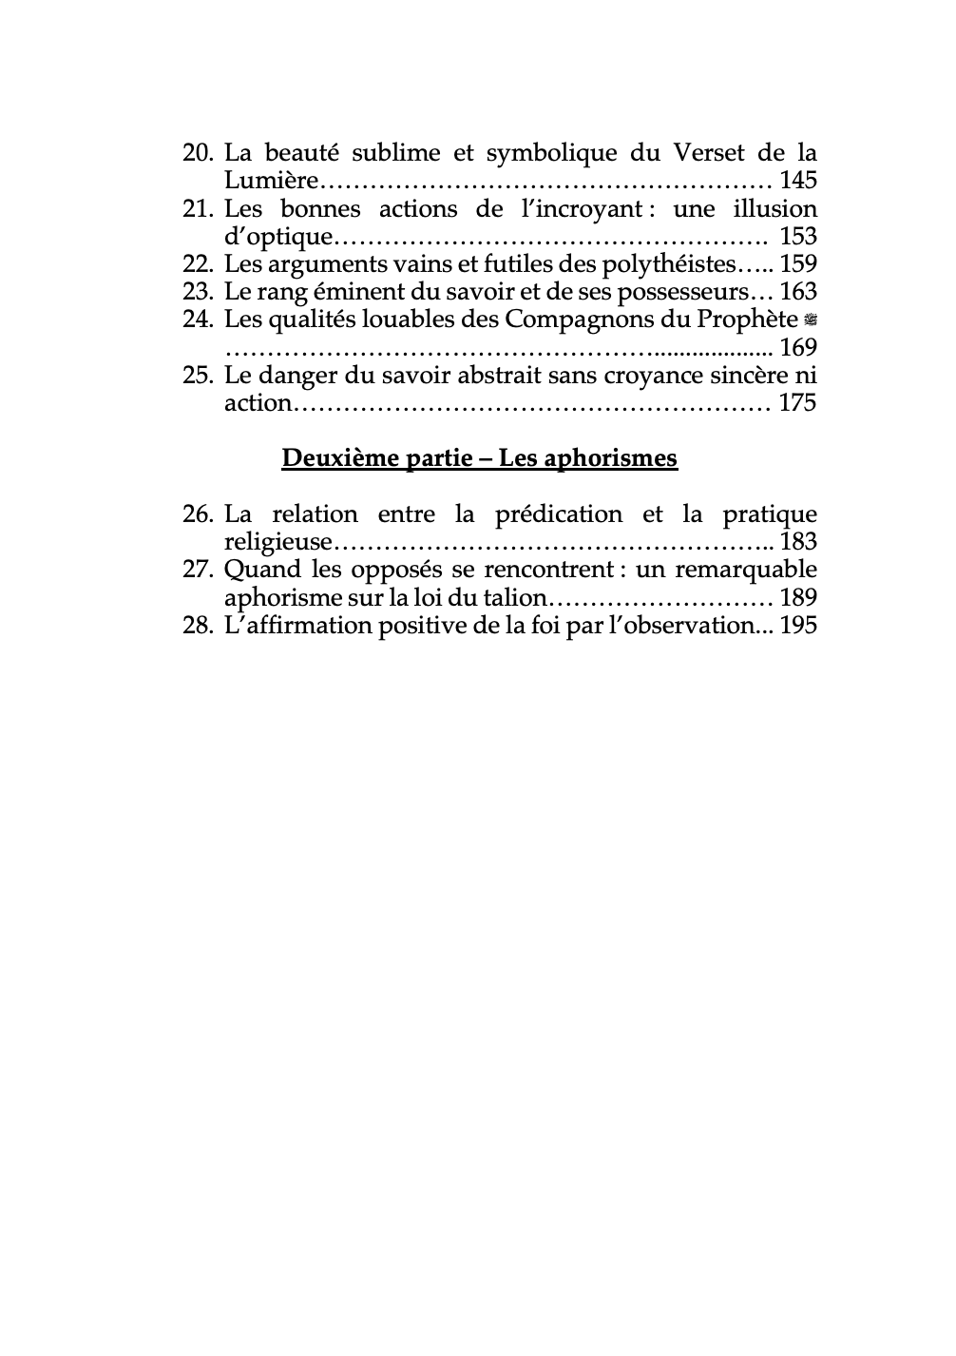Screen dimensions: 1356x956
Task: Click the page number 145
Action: coord(797,180)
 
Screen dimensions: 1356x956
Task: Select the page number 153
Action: coord(797,236)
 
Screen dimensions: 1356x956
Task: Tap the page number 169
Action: coord(797,347)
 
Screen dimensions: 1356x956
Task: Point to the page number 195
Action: coord(797,626)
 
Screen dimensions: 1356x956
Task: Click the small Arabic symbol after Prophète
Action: coord(811,320)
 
